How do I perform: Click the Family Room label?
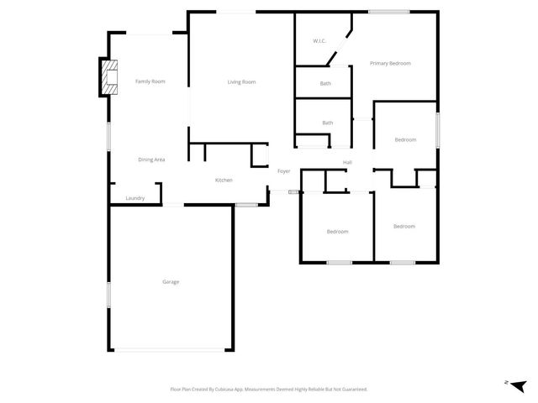150,81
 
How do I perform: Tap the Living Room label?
241,81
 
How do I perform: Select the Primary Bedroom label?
390,63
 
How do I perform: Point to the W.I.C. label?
319,40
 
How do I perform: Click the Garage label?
171,281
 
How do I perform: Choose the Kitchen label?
224,180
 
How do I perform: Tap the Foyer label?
284,171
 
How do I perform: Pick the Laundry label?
134,198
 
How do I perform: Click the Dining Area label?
151,159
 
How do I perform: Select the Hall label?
346,162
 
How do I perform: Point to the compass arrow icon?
517,385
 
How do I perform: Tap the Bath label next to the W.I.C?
325,83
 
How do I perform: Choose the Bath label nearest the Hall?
327,123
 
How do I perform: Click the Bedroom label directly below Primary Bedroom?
405,139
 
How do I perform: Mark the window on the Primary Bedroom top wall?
388,11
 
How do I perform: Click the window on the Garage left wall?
108,294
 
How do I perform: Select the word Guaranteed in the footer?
351,389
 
